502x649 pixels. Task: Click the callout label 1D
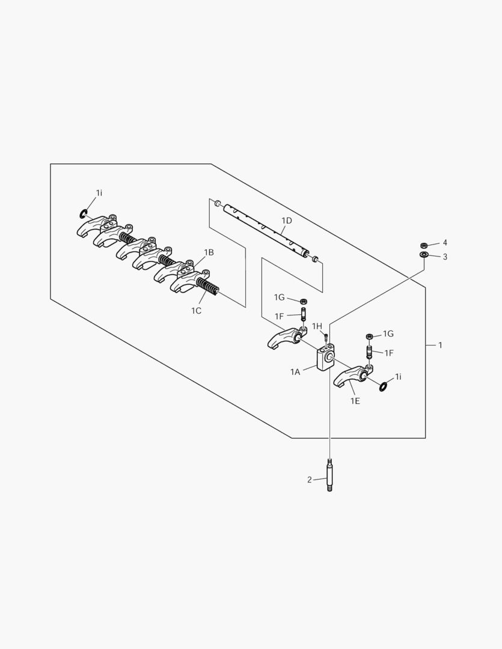pos(287,221)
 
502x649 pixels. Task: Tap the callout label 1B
pos(209,252)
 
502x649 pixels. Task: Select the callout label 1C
pos(196,311)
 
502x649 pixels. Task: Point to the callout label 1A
pos(295,372)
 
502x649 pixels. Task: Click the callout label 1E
pos(355,401)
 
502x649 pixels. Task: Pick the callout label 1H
pos(317,326)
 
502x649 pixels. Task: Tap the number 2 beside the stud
pos(310,480)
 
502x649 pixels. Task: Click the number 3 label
pos(445,257)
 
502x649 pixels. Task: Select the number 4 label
pos(445,243)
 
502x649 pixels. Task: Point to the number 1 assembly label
pos(440,345)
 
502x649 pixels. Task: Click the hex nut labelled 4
pos(424,245)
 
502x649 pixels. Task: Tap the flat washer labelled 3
pos(424,254)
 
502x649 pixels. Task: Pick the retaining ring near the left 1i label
pos(84,214)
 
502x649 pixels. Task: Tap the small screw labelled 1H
pos(326,335)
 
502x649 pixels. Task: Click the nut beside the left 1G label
pos(303,301)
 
